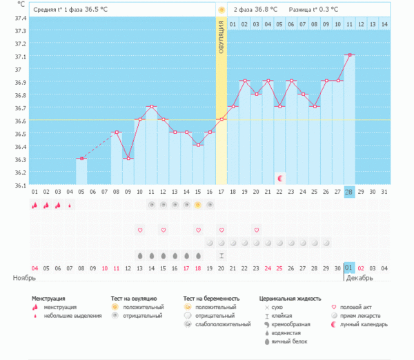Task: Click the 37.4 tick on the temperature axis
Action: click(21, 19)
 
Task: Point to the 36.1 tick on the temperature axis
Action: click(21, 185)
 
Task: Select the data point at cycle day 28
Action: click(350, 55)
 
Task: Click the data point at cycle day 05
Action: click(81, 159)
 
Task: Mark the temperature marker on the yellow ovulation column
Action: click(221, 119)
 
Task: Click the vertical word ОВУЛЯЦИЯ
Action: click(221, 38)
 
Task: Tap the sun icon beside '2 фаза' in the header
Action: click(221, 10)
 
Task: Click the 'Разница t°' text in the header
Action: click(306, 10)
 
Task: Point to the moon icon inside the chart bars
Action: click(279, 178)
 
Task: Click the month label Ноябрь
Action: click(24, 278)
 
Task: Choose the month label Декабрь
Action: click(359, 278)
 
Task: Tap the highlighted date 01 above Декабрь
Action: click(349, 268)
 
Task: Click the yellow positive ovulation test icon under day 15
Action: click(198, 205)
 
